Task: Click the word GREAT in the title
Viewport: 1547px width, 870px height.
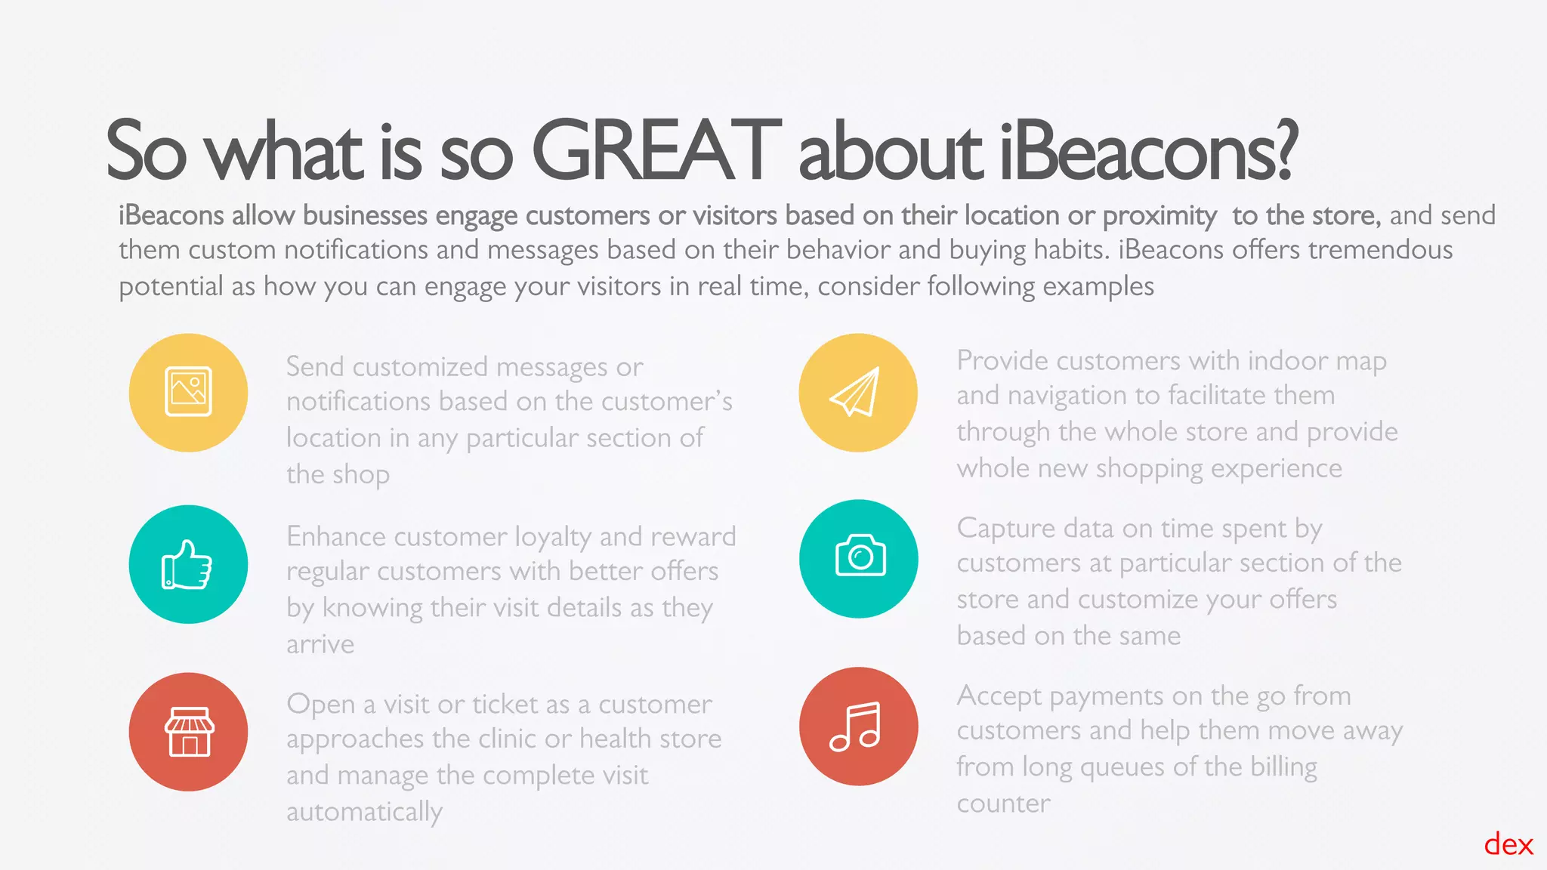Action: pyautogui.click(x=656, y=151)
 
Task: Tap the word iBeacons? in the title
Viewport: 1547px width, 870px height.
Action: pyautogui.click(x=1148, y=151)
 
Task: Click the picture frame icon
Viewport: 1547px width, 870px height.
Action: pyautogui.click(x=188, y=392)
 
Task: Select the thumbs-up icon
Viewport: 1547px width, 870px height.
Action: pyautogui.click(x=187, y=564)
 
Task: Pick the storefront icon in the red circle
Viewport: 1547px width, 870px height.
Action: pyautogui.click(x=189, y=731)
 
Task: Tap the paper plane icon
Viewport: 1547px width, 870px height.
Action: pyautogui.click(x=857, y=392)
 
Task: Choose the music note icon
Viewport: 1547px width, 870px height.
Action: pyautogui.click(x=857, y=727)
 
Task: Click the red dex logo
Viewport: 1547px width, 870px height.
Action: pyautogui.click(x=1508, y=844)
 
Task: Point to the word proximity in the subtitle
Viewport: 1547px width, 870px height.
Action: pyautogui.click(x=1159, y=217)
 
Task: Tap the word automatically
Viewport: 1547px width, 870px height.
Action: pyautogui.click(x=364, y=813)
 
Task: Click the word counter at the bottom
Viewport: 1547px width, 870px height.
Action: pyautogui.click(x=1003, y=804)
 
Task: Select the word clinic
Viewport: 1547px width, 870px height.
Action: pyautogui.click(x=514, y=739)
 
